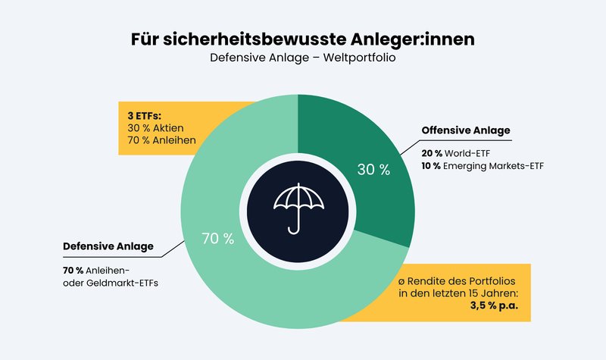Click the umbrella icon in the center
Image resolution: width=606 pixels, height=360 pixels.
coord(298,205)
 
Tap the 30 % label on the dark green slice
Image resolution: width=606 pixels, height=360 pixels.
coord(373,170)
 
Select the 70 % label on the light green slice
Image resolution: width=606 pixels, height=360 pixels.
coord(217,239)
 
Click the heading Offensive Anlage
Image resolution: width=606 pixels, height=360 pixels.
coord(466,130)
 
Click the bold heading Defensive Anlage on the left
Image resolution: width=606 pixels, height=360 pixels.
coord(108,246)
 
